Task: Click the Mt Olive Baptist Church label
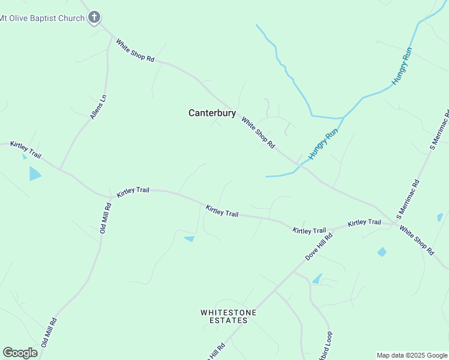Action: [42, 18]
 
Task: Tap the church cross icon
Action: [94, 17]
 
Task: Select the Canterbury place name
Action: [212, 113]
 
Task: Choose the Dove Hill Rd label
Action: [318, 246]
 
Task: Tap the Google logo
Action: [20, 353]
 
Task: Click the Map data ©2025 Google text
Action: [412, 355]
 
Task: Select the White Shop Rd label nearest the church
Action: [135, 52]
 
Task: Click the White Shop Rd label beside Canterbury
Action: [258, 133]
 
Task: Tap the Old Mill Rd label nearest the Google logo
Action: [49, 332]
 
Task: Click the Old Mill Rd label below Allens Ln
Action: [106, 218]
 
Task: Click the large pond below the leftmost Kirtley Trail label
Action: [35, 174]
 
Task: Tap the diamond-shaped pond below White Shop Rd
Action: [382, 252]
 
